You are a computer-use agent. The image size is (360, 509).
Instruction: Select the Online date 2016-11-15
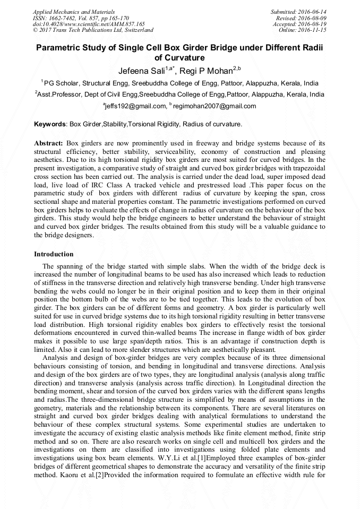tap(315, 30)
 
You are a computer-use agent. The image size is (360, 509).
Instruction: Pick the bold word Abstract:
tap(48, 144)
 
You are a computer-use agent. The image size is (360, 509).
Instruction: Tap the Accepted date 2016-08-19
tap(315, 24)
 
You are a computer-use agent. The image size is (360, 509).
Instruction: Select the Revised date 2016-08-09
tap(315, 18)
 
